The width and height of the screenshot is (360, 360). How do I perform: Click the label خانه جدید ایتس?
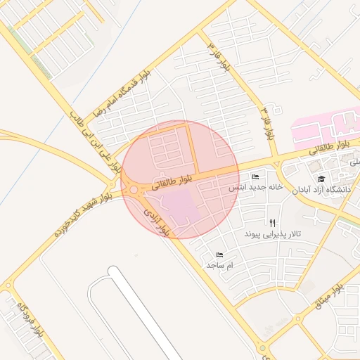pos(255,188)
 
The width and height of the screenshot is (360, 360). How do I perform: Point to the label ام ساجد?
pos(219,265)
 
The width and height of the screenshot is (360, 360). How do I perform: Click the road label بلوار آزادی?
pos(157,220)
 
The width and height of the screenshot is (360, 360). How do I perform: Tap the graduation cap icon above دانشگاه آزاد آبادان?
pos(321,179)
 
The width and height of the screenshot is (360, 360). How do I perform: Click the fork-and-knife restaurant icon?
pos(272,222)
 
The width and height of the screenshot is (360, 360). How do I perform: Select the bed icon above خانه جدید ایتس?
pos(255,177)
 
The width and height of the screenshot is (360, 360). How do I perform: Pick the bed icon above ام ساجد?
pos(219,255)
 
